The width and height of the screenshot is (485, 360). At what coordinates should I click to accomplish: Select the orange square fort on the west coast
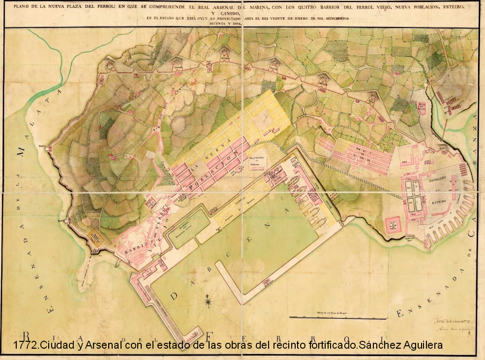point(95,238)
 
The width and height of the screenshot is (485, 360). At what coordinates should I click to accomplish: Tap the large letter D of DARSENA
point(175,296)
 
